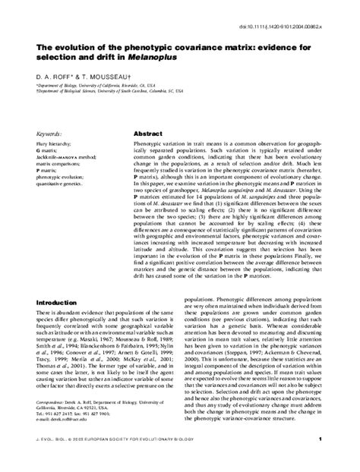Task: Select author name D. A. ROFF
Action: click(x=55, y=77)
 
